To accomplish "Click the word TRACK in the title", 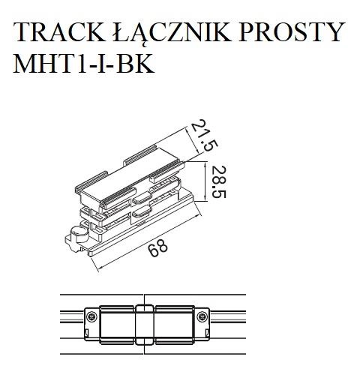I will [57, 34].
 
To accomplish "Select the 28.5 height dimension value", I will [217, 184].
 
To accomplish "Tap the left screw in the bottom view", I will [91, 318].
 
